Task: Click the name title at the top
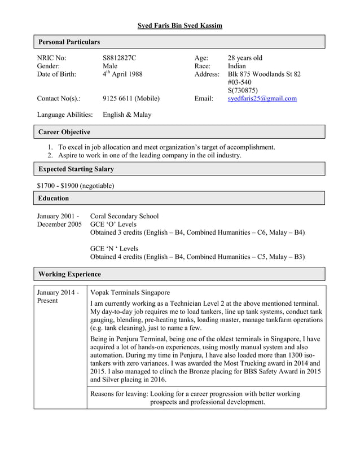click(x=180, y=25)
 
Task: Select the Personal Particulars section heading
click(x=69, y=42)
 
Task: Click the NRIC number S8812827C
click(x=119, y=58)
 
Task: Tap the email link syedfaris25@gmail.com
click(x=262, y=98)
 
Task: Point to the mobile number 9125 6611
click(x=131, y=98)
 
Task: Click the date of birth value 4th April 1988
click(x=122, y=74)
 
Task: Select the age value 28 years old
click(x=244, y=58)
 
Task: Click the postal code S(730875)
click(x=243, y=90)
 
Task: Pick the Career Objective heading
click(x=64, y=132)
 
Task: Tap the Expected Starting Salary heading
click(x=76, y=169)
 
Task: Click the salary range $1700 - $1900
click(x=75, y=185)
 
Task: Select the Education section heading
click(x=54, y=198)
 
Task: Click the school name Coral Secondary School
click(x=124, y=216)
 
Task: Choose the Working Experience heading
click(x=69, y=274)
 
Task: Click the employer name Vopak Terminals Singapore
click(x=130, y=293)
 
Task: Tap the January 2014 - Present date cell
click(x=58, y=297)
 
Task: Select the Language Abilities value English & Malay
click(x=127, y=115)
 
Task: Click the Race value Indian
click(x=237, y=66)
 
